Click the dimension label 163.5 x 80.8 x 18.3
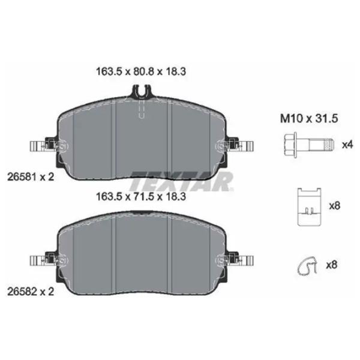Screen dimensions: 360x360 [x=141, y=71]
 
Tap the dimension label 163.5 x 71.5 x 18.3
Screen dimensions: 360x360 [x=141, y=197]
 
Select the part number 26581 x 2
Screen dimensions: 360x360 [x=31, y=177]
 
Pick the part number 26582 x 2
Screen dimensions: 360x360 [x=31, y=292]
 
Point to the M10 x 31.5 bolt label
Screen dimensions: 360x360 [x=309, y=119]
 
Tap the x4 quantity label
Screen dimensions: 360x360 [x=347, y=145]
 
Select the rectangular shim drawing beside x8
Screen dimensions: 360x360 [x=309, y=206]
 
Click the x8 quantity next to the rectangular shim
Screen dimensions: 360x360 [x=335, y=206]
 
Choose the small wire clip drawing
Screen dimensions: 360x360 [x=307, y=266]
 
